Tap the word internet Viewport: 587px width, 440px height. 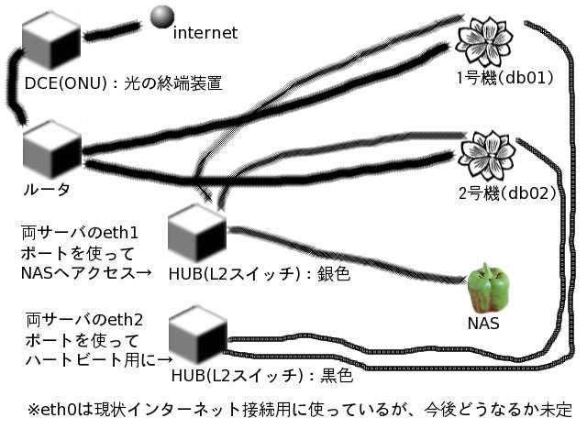tap(205, 33)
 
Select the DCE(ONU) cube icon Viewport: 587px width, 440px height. tap(52, 38)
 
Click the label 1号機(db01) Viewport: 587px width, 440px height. tap(504, 78)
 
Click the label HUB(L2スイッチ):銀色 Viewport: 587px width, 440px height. tap(260, 273)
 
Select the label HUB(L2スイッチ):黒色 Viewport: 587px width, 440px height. tap(261, 376)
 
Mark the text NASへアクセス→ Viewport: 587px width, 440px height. tap(85, 272)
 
